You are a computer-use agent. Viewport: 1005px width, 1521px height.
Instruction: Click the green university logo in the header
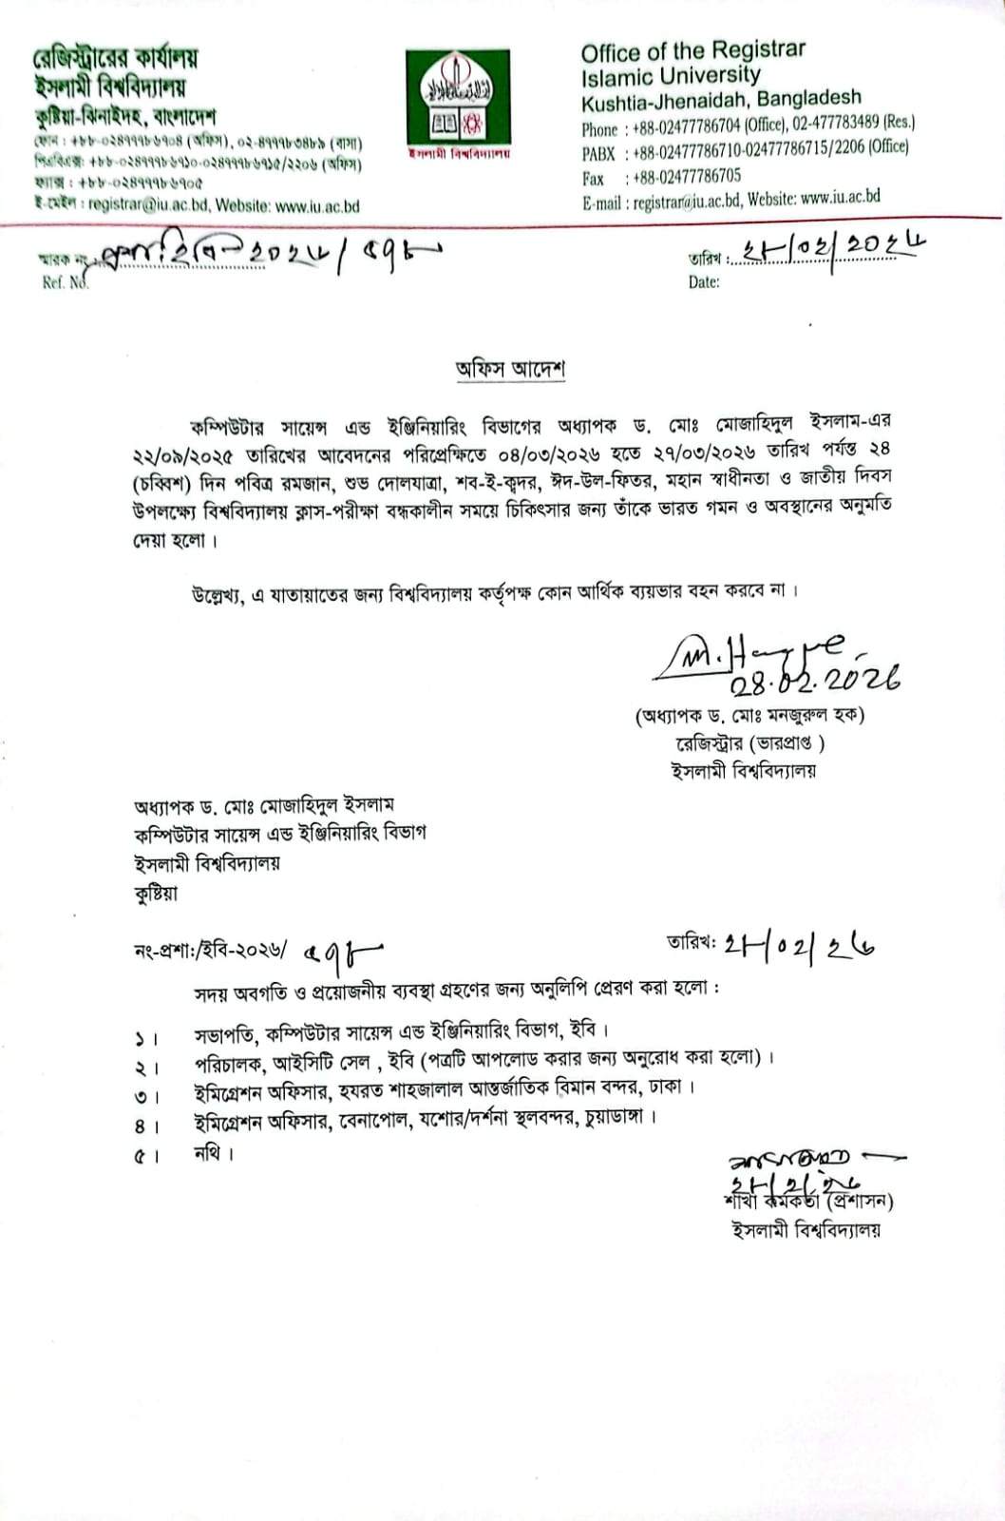point(458,98)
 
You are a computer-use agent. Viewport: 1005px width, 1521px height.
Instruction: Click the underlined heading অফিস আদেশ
point(510,369)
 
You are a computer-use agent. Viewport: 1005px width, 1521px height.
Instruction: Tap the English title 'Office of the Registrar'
point(692,50)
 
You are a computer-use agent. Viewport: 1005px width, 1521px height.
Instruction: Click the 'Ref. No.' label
point(65,282)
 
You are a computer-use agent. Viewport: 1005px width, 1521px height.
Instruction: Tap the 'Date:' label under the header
point(704,281)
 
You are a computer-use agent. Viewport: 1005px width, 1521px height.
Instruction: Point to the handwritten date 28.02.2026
point(815,679)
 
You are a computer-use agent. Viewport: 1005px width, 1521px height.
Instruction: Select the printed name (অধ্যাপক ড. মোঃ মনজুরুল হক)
point(749,715)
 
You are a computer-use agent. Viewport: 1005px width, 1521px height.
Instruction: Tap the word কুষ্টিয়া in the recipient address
point(156,894)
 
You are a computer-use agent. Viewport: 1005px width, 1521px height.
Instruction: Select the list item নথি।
point(214,1153)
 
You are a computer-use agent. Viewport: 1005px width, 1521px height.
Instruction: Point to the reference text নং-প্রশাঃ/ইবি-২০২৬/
point(210,950)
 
